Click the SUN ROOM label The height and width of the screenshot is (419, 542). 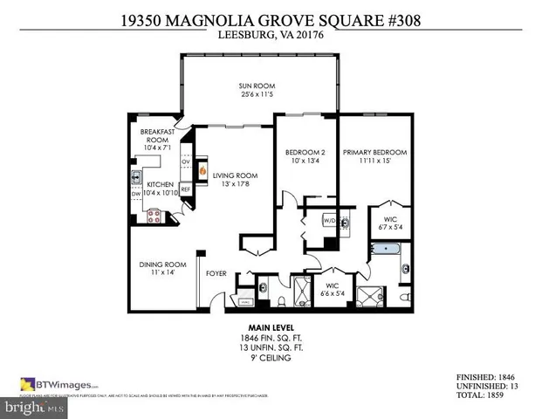[257, 86]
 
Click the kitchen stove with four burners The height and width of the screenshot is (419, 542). [155, 215]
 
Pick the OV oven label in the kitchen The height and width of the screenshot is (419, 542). [185, 162]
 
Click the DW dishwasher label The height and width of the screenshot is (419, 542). [136, 194]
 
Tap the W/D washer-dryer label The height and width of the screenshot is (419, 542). [330, 221]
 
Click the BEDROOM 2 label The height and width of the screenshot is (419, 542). [305, 153]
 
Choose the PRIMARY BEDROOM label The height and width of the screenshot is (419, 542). [374, 153]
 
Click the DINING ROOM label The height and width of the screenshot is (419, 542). [163, 264]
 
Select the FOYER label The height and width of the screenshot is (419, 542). [216, 274]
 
